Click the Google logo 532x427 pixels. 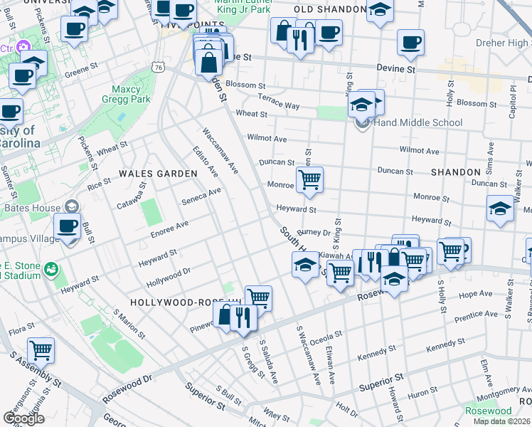pos(23,418)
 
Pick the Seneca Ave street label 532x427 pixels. pos(201,195)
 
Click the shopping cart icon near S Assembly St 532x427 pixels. pos(41,350)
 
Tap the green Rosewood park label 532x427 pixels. pos(488,411)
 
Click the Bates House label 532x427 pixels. pos(36,206)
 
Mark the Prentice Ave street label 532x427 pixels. pos(477,314)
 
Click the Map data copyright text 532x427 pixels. pos(502,421)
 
